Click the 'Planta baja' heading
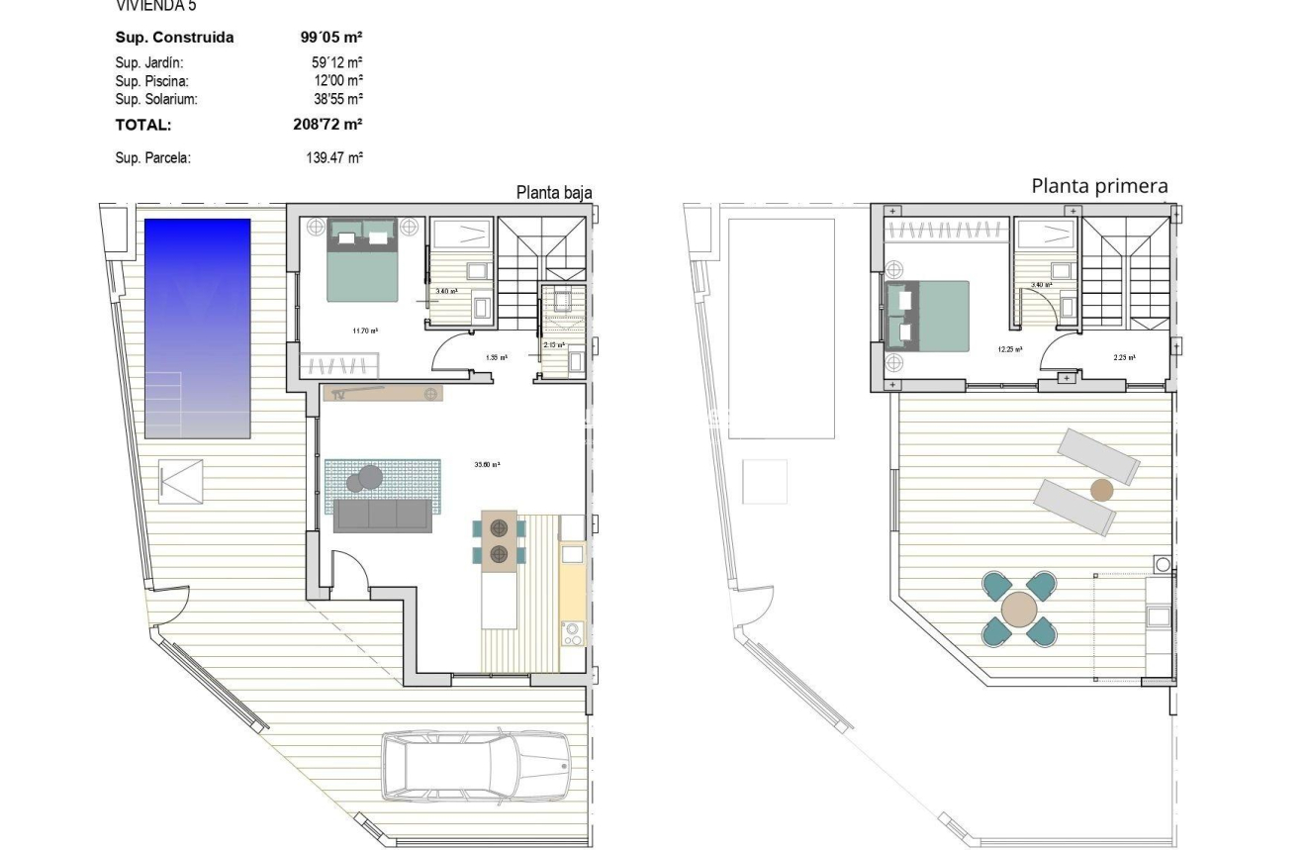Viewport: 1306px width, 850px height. [x=554, y=193]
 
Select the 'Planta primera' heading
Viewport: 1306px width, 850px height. [x=1099, y=186]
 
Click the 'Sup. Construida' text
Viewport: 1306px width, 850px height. [x=175, y=38]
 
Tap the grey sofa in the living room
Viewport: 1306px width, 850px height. [x=383, y=516]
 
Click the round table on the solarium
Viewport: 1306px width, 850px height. [x=1019, y=610]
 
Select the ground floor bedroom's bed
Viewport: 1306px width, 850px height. [x=363, y=259]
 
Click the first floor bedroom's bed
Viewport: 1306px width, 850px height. [x=928, y=315]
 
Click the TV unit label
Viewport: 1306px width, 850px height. [x=338, y=394]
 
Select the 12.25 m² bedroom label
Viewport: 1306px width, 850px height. [x=1010, y=349]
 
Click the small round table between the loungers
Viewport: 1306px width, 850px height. [x=1102, y=489]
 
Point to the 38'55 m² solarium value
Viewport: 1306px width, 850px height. [x=337, y=99]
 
